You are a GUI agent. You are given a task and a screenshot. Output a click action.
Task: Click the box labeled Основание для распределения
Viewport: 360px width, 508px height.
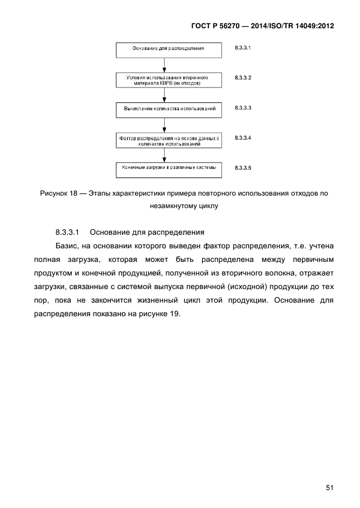click(x=169, y=49)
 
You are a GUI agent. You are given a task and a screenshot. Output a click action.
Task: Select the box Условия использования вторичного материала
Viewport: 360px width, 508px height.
click(x=169, y=80)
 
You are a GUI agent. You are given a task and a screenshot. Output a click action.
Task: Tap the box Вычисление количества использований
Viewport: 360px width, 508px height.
click(x=169, y=109)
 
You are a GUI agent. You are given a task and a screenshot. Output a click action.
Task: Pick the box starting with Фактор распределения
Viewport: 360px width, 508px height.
click(x=169, y=141)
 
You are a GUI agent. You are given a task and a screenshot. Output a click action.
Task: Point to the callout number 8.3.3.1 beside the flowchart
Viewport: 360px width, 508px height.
click(x=243, y=48)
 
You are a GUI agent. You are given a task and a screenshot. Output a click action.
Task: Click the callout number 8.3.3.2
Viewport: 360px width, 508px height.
click(x=243, y=78)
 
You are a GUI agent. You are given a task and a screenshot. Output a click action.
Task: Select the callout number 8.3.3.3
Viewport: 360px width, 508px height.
click(x=243, y=108)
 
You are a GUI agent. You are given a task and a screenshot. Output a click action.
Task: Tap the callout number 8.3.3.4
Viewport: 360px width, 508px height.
click(x=243, y=138)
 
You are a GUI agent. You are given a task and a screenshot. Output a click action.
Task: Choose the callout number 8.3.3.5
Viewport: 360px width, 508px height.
click(x=243, y=168)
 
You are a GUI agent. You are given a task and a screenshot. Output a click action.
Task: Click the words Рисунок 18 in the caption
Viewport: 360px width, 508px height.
click(x=58, y=194)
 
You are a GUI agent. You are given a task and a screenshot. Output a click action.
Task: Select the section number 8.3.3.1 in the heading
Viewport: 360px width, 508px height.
click(x=67, y=232)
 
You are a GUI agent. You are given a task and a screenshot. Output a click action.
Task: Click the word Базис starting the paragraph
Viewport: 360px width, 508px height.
click(x=67, y=246)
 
